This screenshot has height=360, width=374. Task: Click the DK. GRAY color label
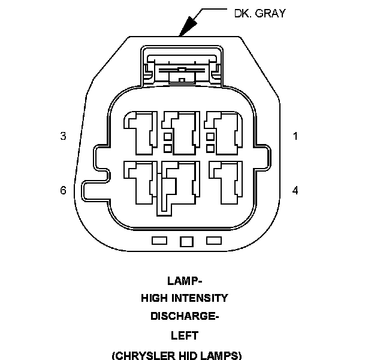click(260, 13)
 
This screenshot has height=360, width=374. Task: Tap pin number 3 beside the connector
click(63, 136)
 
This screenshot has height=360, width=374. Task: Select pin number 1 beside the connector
click(295, 136)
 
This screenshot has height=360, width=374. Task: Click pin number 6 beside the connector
click(63, 190)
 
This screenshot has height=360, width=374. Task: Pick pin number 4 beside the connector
click(295, 190)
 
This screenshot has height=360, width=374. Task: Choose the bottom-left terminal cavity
click(140, 183)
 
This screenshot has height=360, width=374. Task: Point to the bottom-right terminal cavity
click(224, 183)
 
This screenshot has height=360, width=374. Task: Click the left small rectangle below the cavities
click(159, 241)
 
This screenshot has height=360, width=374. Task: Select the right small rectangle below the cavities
click(213, 241)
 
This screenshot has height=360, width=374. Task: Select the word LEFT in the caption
click(185, 335)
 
